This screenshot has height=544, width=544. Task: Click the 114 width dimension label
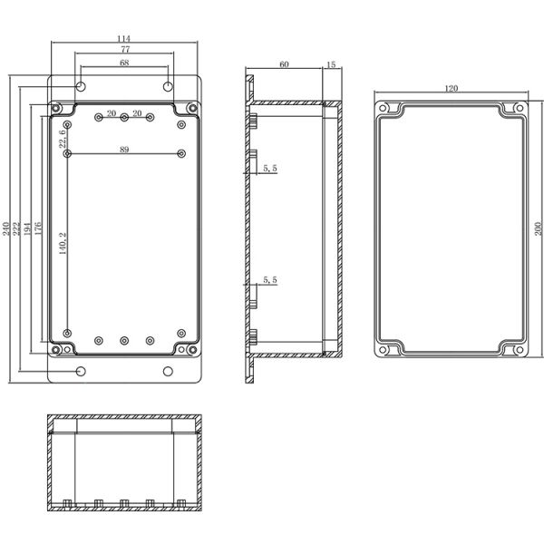coord(123,37)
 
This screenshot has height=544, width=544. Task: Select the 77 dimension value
coord(123,50)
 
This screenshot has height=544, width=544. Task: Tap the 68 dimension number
coord(123,63)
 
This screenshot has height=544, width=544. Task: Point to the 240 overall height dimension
coord(7,227)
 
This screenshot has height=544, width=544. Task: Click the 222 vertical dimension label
coord(17,227)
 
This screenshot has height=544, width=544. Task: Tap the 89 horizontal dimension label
coord(123,150)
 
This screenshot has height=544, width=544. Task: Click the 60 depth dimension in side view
coord(284,64)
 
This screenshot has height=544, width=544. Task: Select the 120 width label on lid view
coord(452,88)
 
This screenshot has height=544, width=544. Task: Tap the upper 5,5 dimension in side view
coord(269,168)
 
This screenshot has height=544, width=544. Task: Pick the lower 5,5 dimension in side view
coord(269,281)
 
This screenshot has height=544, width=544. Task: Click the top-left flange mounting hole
coord(81,87)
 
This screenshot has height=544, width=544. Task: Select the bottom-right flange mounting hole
coord(168,371)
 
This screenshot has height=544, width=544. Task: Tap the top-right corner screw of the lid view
coord(519,109)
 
